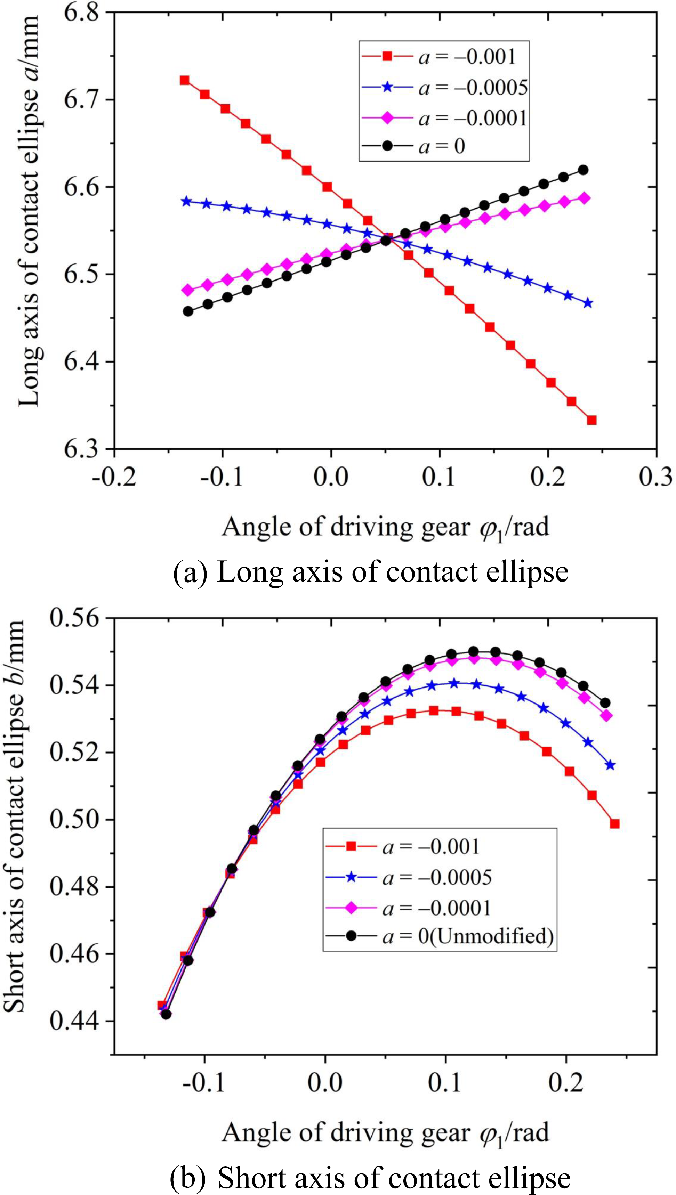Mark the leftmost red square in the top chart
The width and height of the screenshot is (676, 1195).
(x=184, y=80)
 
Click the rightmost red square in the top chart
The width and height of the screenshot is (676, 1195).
(x=591, y=420)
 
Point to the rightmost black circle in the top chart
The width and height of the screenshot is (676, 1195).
(x=584, y=170)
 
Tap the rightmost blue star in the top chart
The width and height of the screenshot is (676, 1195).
(x=588, y=303)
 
